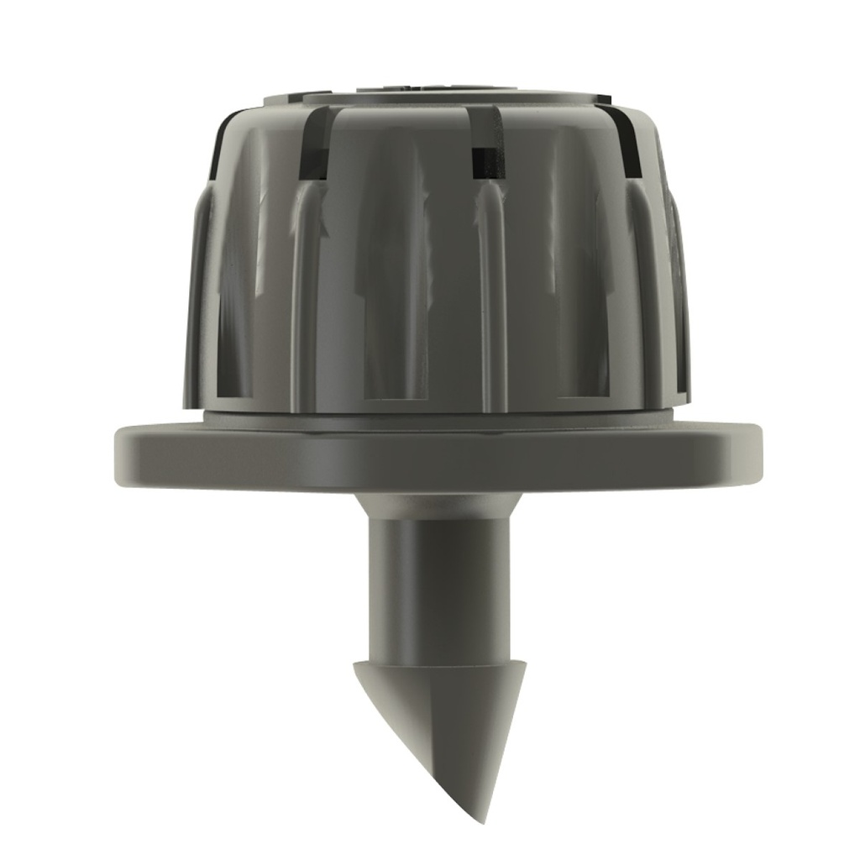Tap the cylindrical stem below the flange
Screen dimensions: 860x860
(437, 588)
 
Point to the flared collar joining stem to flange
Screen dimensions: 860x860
(437, 504)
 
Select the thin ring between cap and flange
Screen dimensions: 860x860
(437, 417)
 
